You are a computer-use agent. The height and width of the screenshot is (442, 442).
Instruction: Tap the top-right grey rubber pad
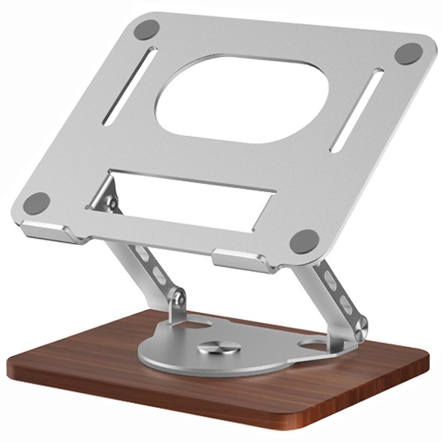[408, 53]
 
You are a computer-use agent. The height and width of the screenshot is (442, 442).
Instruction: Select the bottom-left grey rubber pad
[36, 202]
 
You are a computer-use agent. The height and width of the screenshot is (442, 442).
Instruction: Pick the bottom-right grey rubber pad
[304, 241]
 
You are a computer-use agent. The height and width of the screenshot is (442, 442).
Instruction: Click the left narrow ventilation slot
[130, 86]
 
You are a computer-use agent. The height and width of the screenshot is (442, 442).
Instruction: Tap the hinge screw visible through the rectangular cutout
[110, 202]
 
